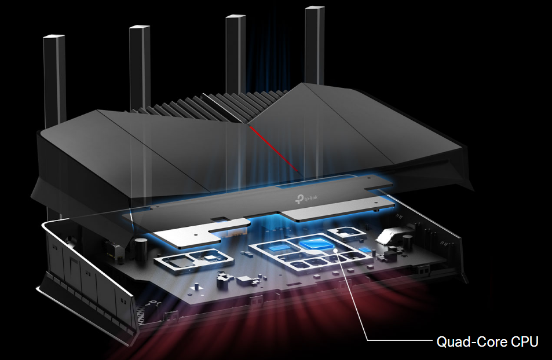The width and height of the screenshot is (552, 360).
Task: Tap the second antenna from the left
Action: [140, 64]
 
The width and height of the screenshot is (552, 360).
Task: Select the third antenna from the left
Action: [235, 52]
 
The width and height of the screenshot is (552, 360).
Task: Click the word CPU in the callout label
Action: [524, 342]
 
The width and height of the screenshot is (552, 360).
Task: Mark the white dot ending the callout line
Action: [337, 251]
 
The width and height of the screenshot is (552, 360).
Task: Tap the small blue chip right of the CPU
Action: [365, 249]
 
